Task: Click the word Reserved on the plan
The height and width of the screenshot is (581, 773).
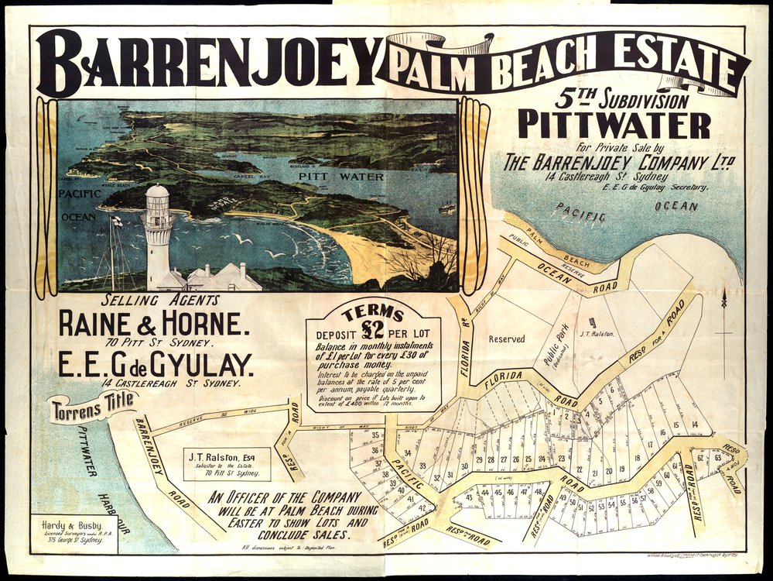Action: [x=507, y=339]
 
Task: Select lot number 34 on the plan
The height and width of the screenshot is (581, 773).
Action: [x=407, y=452]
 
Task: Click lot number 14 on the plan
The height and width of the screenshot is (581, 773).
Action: [x=696, y=424]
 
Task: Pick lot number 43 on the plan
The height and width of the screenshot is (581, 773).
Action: [x=469, y=496]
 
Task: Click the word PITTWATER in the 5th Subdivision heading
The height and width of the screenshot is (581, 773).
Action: [x=614, y=124]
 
